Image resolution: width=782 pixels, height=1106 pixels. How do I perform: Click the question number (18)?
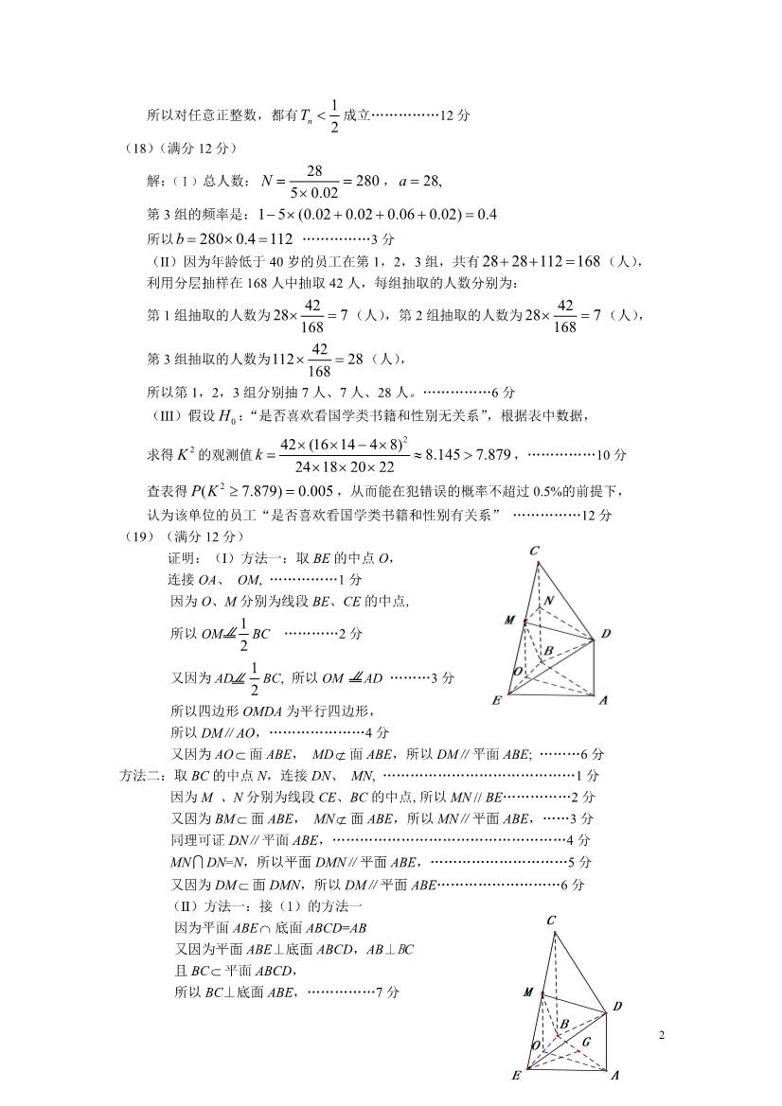pyautogui.click(x=139, y=148)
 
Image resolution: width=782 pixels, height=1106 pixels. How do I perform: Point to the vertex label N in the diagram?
pyautogui.click(x=548, y=602)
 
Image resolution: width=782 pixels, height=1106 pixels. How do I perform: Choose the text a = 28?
pyautogui.click(x=420, y=181)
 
